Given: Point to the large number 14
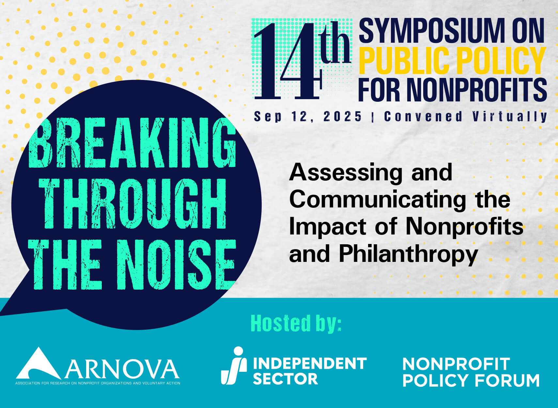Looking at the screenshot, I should click(x=287, y=62).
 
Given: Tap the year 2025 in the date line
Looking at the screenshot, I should click(x=343, y=116).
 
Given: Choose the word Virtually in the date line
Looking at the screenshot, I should click(x=510, y=116).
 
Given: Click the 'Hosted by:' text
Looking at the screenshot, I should click(x=296, y=323).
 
